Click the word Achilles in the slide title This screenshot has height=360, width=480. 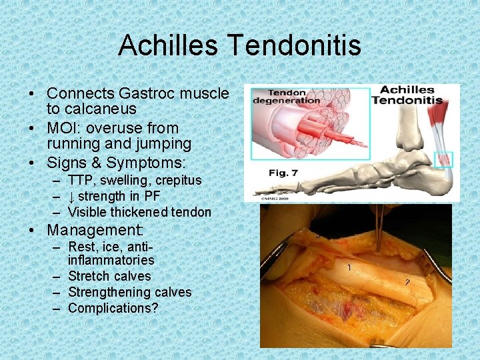click(169, 45)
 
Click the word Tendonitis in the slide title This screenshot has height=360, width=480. click(295, 45)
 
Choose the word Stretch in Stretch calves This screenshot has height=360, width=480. click(90, 276)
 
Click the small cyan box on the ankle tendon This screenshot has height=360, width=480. click(443, 159)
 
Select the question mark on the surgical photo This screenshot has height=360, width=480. click(407, 283)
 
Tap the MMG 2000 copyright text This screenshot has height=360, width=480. click(264, 197)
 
